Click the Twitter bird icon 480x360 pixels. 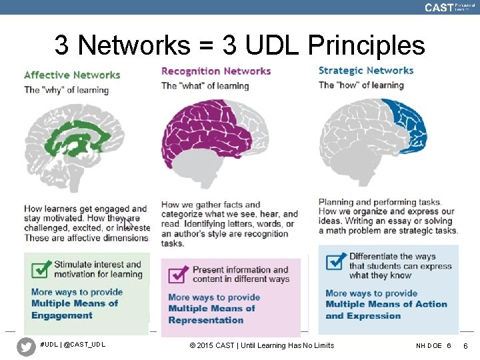[26, 347]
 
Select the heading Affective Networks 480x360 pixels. [72, 75]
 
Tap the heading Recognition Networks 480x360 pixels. [216, 71]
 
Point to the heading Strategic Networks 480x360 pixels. [366, 70]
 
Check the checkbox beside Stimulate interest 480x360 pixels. [41, 269]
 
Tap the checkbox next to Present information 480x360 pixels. [179, 274]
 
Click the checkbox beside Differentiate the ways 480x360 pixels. [336, 260]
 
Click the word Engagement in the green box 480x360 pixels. [62, 315]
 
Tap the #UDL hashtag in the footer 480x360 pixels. [50, 345]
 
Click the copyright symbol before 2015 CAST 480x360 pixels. [193, 345]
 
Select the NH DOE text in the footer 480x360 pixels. [429, 345]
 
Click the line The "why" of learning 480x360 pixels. [66, 90]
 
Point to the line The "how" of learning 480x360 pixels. [361, 85]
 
